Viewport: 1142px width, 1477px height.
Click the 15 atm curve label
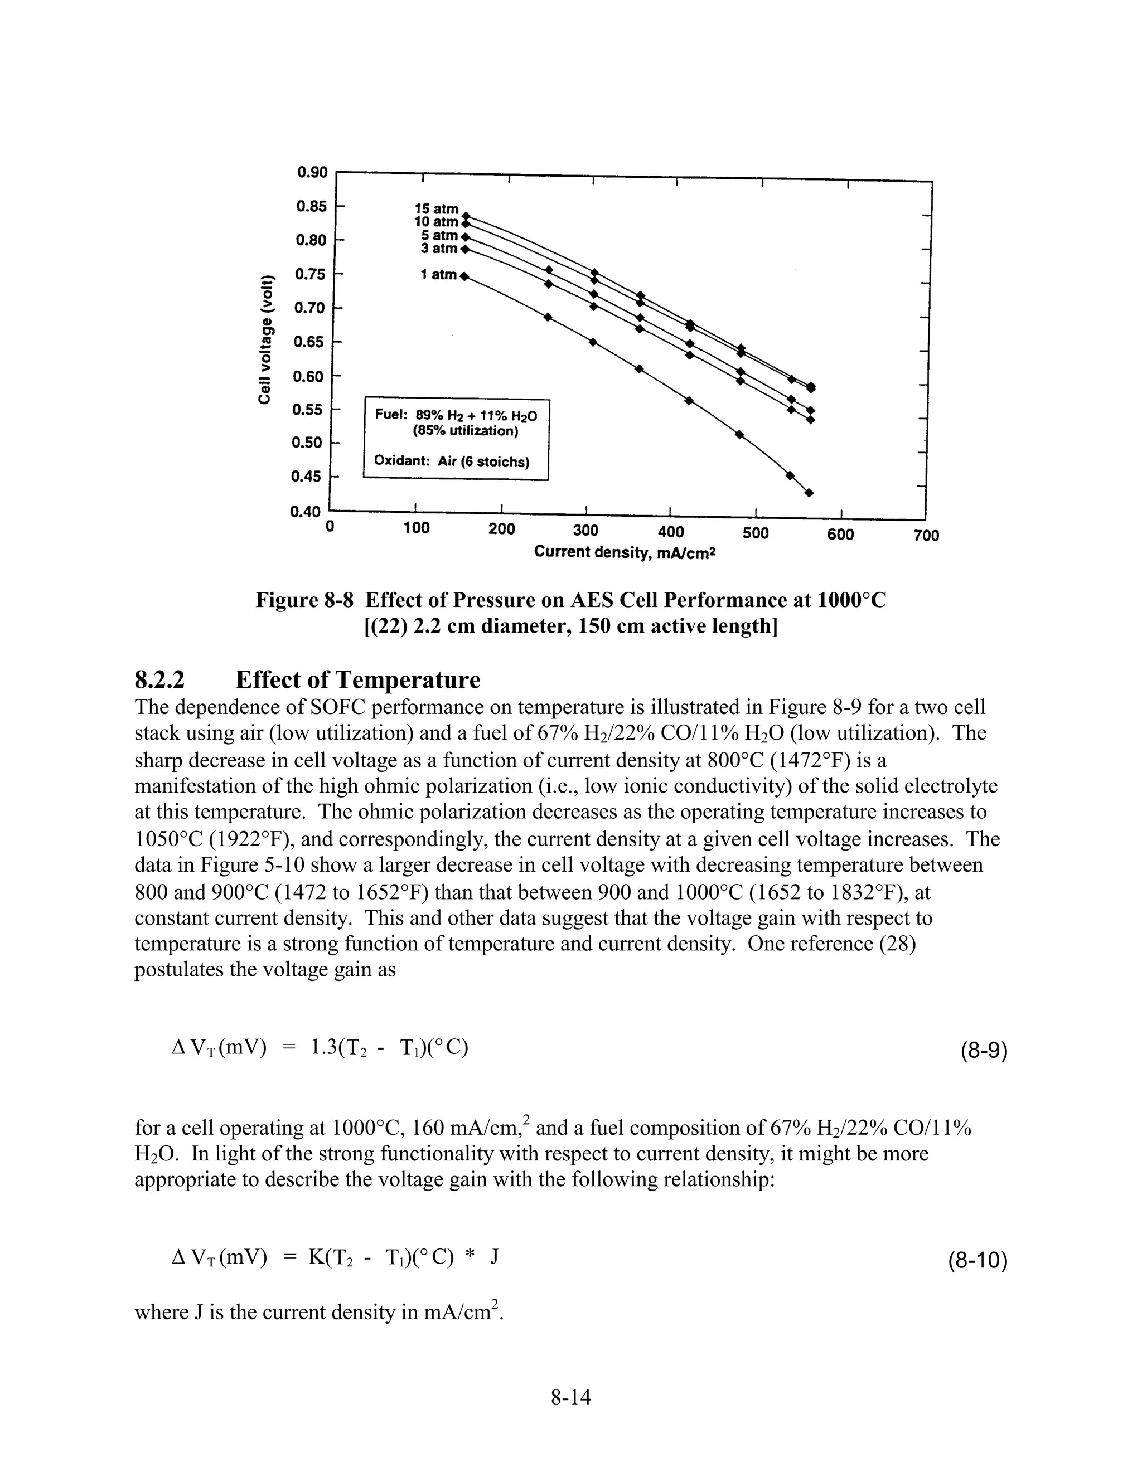tap(437, 209)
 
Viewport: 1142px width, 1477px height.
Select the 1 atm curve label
tap(438, 275)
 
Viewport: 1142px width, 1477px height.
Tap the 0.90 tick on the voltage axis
tap(312, 172)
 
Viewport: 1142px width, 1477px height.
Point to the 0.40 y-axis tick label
tap(304, 512)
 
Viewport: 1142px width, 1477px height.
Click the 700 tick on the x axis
tap(926, 536)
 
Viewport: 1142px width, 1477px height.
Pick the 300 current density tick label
tap(585, 530)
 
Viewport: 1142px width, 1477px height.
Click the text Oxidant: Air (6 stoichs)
tap(451, 462)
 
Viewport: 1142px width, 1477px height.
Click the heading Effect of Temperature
tap(358, 679)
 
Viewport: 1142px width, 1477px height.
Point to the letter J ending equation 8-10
tap(495, 1256)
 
